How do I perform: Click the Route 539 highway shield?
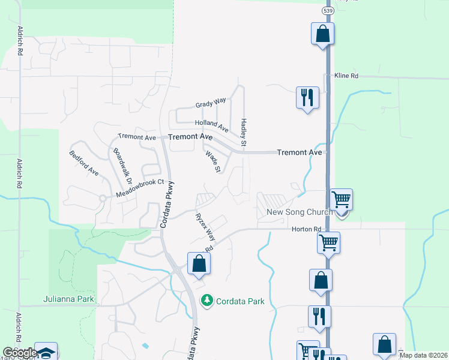pos(327,11)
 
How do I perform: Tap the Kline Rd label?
pos(346,76)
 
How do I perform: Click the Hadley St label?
pos(244,132)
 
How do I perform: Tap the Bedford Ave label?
pos(84,163)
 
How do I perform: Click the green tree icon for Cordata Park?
pos(207,300)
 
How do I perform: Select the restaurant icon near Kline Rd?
pos(307,97)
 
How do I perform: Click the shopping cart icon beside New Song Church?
pos(341,199)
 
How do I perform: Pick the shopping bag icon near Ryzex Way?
pos(199,263)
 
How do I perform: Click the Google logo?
pos(20,353)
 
